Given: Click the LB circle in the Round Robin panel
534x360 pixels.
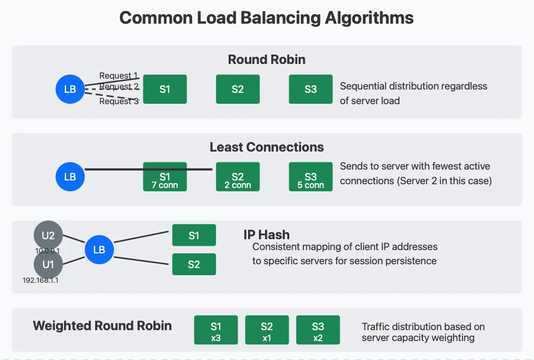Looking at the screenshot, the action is click(70, 89).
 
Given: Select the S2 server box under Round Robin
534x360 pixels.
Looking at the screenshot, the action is click(238, 89).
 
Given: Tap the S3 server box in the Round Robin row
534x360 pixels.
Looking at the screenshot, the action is click(311, 89).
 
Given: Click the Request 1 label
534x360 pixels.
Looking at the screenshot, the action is click(118, 75).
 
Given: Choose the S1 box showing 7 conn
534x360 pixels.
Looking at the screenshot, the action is click(165, 177).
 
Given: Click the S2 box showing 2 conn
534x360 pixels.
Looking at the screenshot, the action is click(238, 177).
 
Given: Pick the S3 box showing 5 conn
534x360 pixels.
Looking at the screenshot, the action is click(311, 177).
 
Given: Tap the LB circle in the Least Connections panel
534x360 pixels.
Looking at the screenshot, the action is click(70, 177).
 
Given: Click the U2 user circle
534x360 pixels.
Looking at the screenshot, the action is click(48, 235).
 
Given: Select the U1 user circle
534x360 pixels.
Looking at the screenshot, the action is click(48, 264).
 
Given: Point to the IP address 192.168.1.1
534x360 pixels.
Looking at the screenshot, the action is click(41, 280).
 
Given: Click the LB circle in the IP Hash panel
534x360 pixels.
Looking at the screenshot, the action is click(99, 250).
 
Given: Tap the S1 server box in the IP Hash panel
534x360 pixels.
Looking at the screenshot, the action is click(194, 235).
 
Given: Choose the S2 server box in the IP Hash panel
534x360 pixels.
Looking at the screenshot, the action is click(194, 264).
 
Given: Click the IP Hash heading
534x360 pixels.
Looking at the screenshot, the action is click(267, 235).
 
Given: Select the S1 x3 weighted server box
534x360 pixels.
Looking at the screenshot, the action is click(216, 330).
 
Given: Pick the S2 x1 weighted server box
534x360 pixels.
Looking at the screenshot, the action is click(267, 330).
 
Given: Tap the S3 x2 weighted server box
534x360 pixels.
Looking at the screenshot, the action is click(318, 330).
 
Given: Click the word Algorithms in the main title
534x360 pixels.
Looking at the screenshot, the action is click(369, 18).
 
